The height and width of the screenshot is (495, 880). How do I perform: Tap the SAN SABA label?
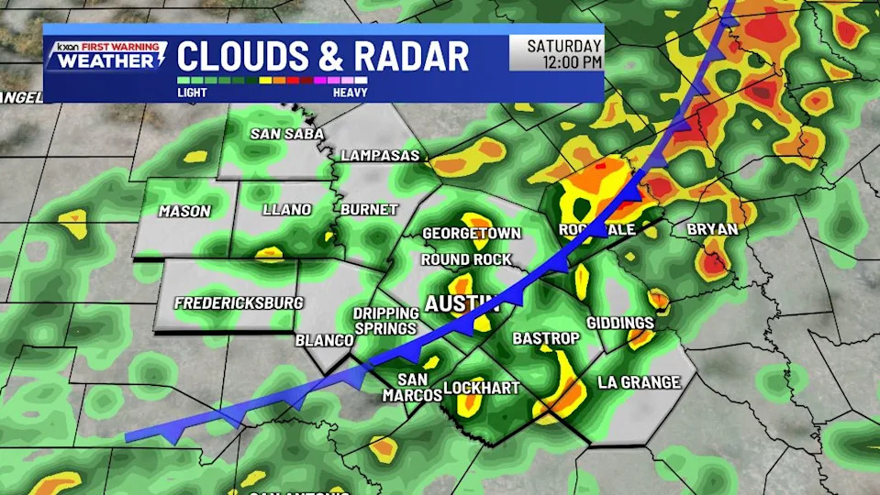pos(287,134)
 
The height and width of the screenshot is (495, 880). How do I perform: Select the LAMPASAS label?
pos(379,156)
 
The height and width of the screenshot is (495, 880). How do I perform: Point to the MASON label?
pos(184,211)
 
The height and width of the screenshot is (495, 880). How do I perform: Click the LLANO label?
pos(286,210)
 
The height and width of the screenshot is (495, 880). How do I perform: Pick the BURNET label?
pos(368,210)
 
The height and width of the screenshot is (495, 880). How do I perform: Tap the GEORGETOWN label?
pos(471,234)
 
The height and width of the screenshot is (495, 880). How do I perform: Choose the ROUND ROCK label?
pos(466,259)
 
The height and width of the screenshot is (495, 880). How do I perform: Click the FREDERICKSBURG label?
pos(239,302)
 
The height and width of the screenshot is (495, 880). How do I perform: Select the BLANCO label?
pos(324,340)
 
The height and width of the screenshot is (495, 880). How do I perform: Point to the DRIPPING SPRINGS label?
pos(385,321)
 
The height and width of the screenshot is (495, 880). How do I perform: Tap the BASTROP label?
pos(546,338)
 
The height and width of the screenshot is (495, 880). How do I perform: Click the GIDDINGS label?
pos(620,323)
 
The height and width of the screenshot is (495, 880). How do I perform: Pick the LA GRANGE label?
pos(639,382)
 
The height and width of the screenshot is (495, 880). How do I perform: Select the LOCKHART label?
pos(481,388)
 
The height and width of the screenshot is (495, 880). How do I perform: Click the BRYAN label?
pos(712,229)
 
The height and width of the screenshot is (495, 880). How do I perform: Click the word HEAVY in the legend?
pos(351,92)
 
